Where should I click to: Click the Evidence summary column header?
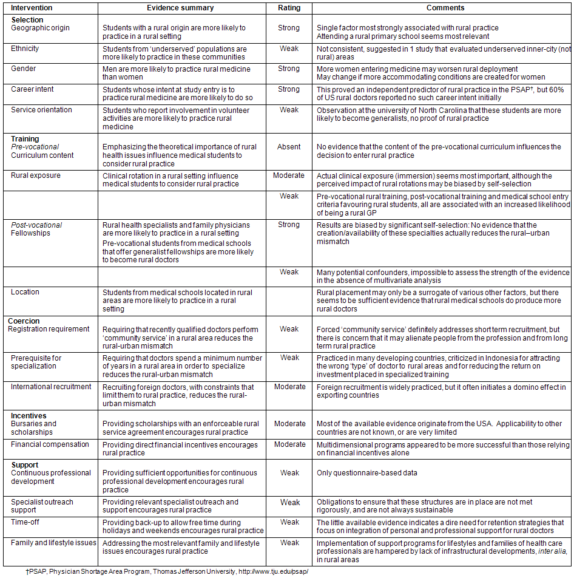(x=180, y=8)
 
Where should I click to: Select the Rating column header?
(x=289, y=8)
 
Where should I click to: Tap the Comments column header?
(x=445, y=8)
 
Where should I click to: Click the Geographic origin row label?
(x=40, y=28)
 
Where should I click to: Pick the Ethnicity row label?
(x=25, y=48)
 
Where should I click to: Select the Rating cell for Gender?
(x=289, y=69)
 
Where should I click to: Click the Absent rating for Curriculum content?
(x=289, y=147)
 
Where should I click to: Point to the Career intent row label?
(x=32, y=89)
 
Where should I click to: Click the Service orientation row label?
(x=41, y=110)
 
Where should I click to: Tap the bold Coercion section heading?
(x=24, y=321)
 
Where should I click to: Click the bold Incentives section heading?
(x=29, y=415)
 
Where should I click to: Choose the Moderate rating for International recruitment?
(x=289, y=387)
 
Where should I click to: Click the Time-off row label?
(x=25, y=522)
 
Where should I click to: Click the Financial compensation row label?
(x=50, y=444)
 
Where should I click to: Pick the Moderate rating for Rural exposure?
(x=289, y=175)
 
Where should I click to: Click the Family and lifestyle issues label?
(x=53, y=543)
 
